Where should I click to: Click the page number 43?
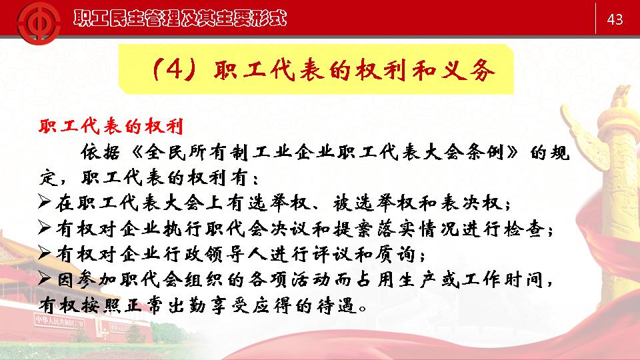pyautogui.click(x=615, y=19)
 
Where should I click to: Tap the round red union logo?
pyautogui.click(x=39, y=23)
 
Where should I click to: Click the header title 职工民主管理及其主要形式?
pyautogui.click(x=180, y=19)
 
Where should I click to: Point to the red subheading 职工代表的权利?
pyautogui.click(x=111, y=126)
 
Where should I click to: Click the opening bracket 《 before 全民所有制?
pyautogui.click(x=138, y=152)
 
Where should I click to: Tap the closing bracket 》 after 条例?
pyautogui.click(x=512, y=152)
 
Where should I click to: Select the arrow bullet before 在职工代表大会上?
pyautogui.click(x=44, y=201)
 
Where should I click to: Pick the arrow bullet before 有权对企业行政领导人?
pyautogui.click(x=44, y=253)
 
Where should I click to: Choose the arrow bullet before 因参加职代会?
pyautogui.click(x=44, y=278)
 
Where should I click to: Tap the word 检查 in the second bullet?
pyautogui.click(x=525, y=229)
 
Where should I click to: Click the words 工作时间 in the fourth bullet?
pyautogui.click(x=503, y=279)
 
